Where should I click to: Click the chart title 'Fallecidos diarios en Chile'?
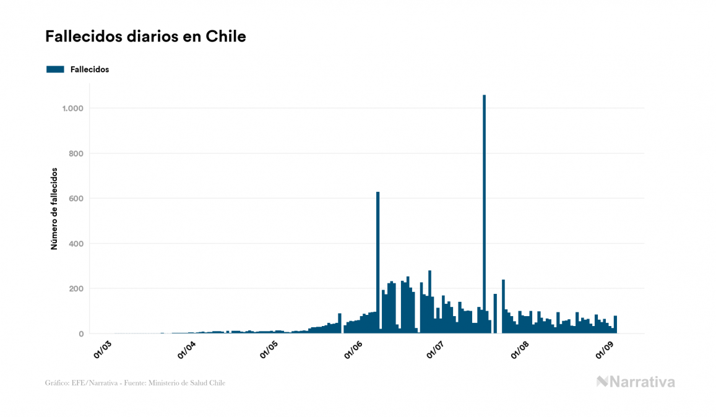tap(145, 37)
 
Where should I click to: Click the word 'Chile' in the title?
tap(230, 37)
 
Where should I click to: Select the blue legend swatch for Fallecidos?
tap(55, 69)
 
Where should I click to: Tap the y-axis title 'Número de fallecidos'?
tap(54, 208)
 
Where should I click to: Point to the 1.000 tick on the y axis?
tap(72, 108)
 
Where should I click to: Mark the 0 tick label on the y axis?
tap(80, 334)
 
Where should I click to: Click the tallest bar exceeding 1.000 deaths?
tap(484, 213)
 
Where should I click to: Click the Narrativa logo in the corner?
tap(636, 382)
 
